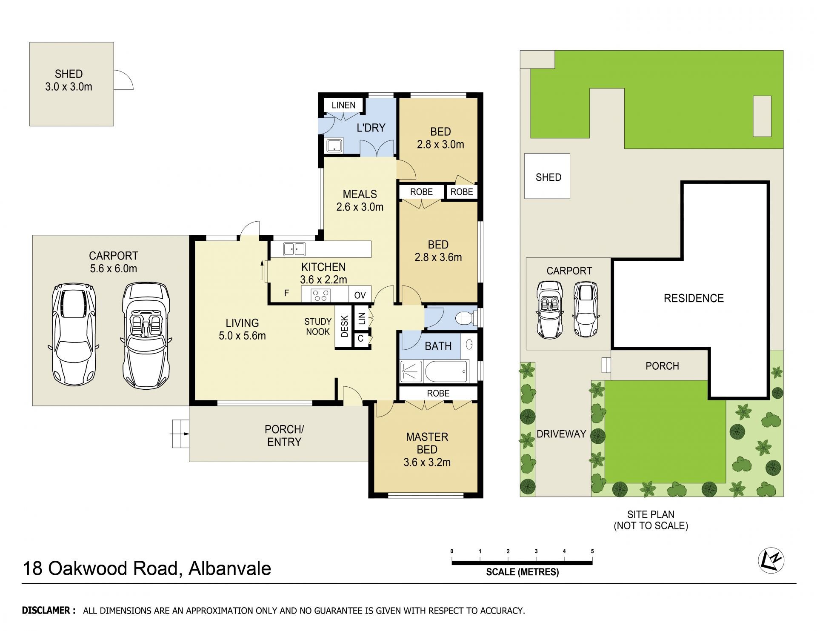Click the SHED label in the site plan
click(x=548, y=177)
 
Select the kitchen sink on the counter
click(x=294, y=248)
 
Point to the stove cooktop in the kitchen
click(x=321, y=295)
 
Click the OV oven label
click(x=360, y=295)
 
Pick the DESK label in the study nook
click(x=345, y=326)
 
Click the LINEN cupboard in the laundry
click(x=343, y=105)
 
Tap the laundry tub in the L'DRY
click(x=334, y=146)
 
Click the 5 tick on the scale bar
click(x=592, y=551)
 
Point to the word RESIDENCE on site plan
click(x=694, y=298)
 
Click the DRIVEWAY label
click(x=561, y=434)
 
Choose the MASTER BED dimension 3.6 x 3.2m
click(x=427, y=462)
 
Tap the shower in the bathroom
click(x=411, y=371)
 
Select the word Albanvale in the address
click(x=230, y=568)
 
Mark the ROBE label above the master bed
click(x=438, y=393)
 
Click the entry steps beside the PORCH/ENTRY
click(x=180, y=434)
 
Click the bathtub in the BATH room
click(x=446, y=371)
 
